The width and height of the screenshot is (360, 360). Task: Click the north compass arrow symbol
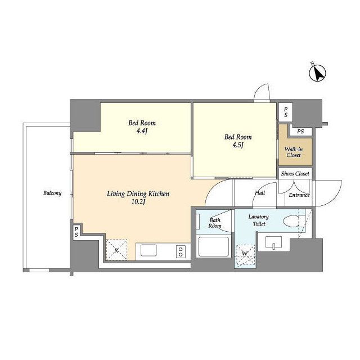pos(317,73)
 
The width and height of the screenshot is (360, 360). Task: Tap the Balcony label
pos(52,193)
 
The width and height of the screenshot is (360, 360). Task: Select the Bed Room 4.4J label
pos(142,127)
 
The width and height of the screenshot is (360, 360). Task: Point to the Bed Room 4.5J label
pos(238,141)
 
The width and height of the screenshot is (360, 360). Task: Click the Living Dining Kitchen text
pos(138,193)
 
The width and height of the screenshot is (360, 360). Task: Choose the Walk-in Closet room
pos(295,151)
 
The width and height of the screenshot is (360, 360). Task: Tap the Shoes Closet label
pos(295,174)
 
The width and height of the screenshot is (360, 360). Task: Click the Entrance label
pos(299,195)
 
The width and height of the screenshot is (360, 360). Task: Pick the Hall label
pos(260,193)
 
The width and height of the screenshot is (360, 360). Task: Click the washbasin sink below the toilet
pos(273,242)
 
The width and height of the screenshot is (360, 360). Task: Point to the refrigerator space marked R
pos(116,250)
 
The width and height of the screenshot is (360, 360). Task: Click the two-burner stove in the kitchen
pos(181,251)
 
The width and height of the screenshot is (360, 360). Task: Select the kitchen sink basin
pos(148,250)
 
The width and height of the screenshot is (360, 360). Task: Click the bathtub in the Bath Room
pos(214,246)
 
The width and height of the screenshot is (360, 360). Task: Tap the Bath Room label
pos(215,223)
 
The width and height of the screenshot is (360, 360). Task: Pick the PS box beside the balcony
pos(76,232)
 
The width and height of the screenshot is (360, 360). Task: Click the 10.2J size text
pos(138,202)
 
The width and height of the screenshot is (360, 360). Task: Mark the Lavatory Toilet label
pos(259,220)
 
